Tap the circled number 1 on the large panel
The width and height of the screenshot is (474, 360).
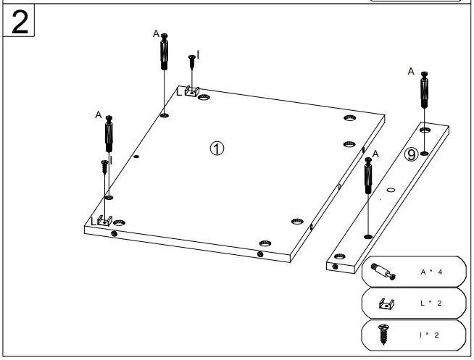pos(216,148)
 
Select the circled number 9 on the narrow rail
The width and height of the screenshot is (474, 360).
pos(411,155)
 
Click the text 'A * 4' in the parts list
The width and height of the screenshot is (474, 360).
pos(432,273)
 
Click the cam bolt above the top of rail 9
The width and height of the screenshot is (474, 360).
pos(424,88)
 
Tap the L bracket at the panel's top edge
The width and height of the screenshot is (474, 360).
pos(192,92)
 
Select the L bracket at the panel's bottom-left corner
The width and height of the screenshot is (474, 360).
pos(103,220)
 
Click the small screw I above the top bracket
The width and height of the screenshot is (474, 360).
pos(192,62)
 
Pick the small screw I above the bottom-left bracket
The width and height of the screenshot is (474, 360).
pos(104,166)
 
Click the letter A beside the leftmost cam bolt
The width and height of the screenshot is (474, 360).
pos(98,114)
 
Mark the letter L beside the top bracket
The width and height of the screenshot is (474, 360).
pos(180,92)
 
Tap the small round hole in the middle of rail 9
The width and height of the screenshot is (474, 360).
pos(391,190)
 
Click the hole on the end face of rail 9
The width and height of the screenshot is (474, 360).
pos(335,266)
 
